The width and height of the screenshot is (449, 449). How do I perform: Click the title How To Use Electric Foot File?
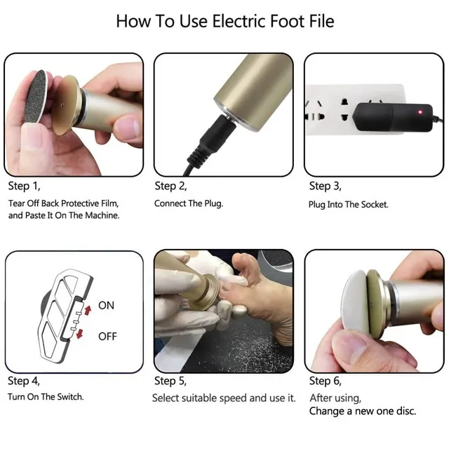pos(225,22)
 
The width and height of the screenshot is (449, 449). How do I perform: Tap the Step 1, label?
pos(24,186)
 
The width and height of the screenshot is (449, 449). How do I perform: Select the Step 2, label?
pos(170,186)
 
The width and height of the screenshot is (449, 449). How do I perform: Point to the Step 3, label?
pos(325,186)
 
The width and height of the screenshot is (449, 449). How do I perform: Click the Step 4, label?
pos(24,381)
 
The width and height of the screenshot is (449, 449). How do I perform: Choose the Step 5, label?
pos(170,381)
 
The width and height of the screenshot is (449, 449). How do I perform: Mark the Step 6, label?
pos(326,381)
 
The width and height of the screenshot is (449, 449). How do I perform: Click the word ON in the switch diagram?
pos(106,306)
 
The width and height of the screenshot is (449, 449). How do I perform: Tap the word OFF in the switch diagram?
pos(107,336)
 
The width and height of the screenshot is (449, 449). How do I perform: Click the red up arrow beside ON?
pos(88,310)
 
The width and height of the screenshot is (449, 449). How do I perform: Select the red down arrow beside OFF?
pos(80,334)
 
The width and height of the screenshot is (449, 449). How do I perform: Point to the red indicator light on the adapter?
pos(420,112)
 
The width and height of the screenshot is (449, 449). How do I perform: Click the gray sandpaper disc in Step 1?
pos(36,97)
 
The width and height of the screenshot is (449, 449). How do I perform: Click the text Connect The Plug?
pos(189,203)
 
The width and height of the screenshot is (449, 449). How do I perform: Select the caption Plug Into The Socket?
pos(348,204)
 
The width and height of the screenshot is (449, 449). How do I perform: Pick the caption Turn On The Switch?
pos(46,397)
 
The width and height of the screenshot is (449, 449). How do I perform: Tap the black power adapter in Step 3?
pos(392,117)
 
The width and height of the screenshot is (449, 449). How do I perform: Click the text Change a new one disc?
pos(363,411)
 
